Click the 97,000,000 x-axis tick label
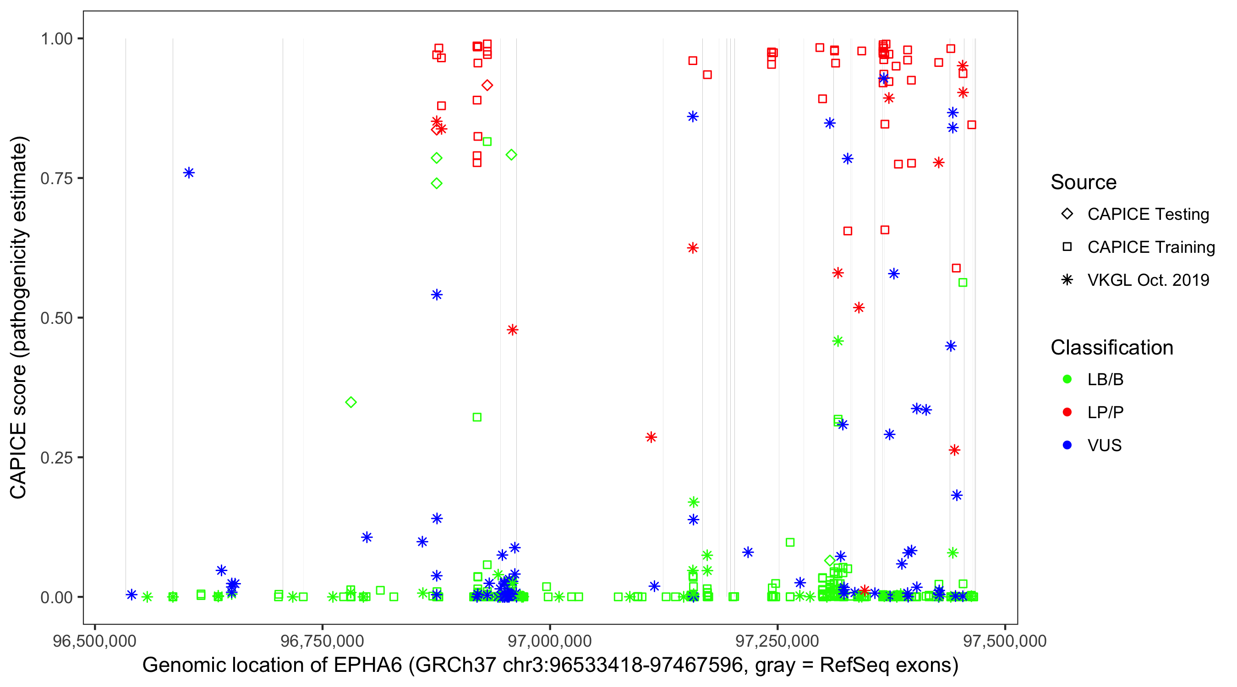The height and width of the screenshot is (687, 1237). point(550,641)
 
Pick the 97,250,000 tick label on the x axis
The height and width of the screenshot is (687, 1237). point(777,641)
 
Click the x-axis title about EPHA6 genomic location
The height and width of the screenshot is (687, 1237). point(550,665)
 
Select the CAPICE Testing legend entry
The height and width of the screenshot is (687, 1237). point(1148,214)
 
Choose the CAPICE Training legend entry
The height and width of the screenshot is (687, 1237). point(1150,247)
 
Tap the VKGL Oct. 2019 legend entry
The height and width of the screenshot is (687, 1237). point(1148,280)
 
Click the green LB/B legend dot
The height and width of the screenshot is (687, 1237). point(1067,379)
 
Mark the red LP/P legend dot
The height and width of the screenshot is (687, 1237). point(1067,412)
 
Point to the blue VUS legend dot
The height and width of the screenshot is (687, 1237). point(1067,445)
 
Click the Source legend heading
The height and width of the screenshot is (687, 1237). point(1084,182)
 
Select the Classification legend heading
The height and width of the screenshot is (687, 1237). point(1111,348)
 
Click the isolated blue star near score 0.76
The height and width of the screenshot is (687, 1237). point(189,173)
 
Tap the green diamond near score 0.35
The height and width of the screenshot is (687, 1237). point(351,402)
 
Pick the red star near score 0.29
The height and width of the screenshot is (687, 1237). point(651,437)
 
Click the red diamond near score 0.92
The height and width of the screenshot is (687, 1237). point(487,86)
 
